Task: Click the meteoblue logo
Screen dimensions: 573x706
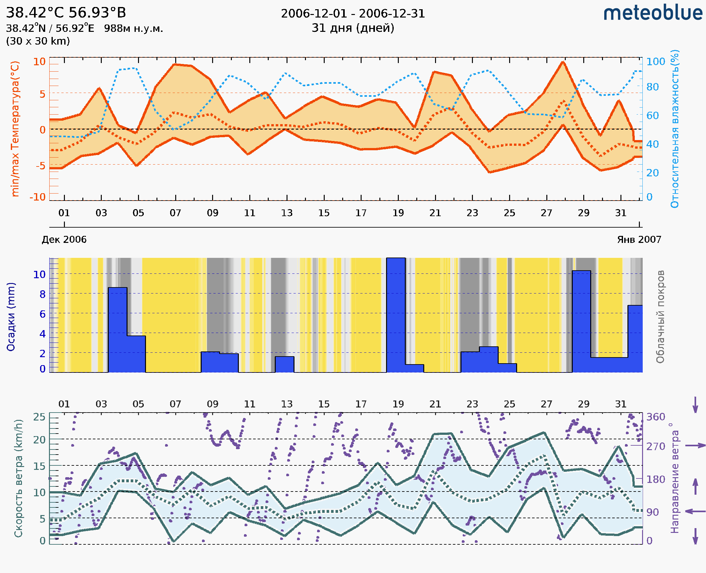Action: click(653, 13)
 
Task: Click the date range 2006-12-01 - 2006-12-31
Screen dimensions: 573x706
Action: click(353, 14)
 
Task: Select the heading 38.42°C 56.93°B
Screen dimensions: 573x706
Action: click(66, 13)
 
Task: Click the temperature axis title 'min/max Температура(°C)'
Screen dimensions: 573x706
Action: click(15, 129)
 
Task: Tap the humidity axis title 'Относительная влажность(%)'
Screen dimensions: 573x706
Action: click(675, 129)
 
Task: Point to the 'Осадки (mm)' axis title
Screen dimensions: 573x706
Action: click(11, 317)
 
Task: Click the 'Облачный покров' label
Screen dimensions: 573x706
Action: click(660, 317)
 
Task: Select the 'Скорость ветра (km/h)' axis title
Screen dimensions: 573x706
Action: click(18, 478)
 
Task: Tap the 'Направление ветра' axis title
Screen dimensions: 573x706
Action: click(675, 478)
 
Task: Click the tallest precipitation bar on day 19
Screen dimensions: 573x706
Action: click(396, 315)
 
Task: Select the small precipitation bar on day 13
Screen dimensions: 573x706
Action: click(284, 364)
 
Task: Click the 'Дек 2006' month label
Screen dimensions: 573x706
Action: click(64, 240)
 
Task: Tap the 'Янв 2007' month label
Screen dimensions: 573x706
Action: click(639, 240)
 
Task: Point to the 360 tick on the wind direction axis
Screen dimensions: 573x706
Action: click(655, 417)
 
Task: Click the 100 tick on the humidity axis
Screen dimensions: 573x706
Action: click(655, 62)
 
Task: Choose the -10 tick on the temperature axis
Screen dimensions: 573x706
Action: click(38, 197)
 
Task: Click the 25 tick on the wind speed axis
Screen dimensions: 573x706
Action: click(39, 417)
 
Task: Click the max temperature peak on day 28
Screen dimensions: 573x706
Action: click(563, 62)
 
